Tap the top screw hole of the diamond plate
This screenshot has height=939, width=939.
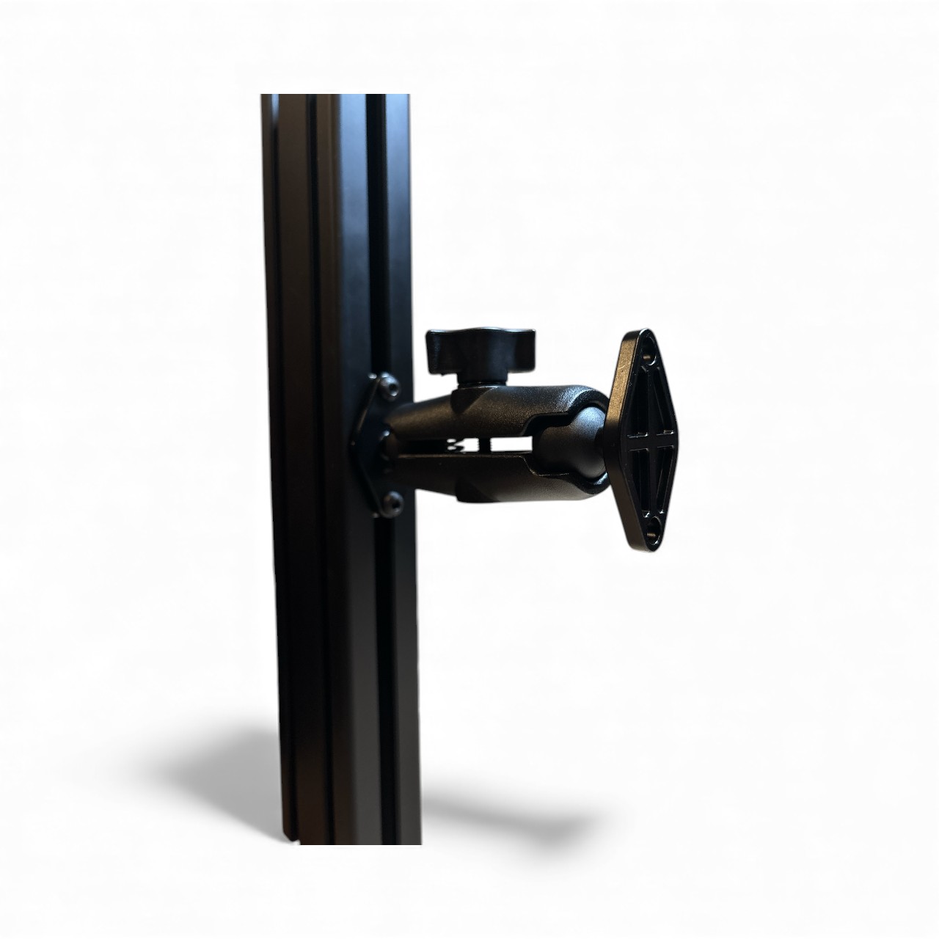(648, 358)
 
